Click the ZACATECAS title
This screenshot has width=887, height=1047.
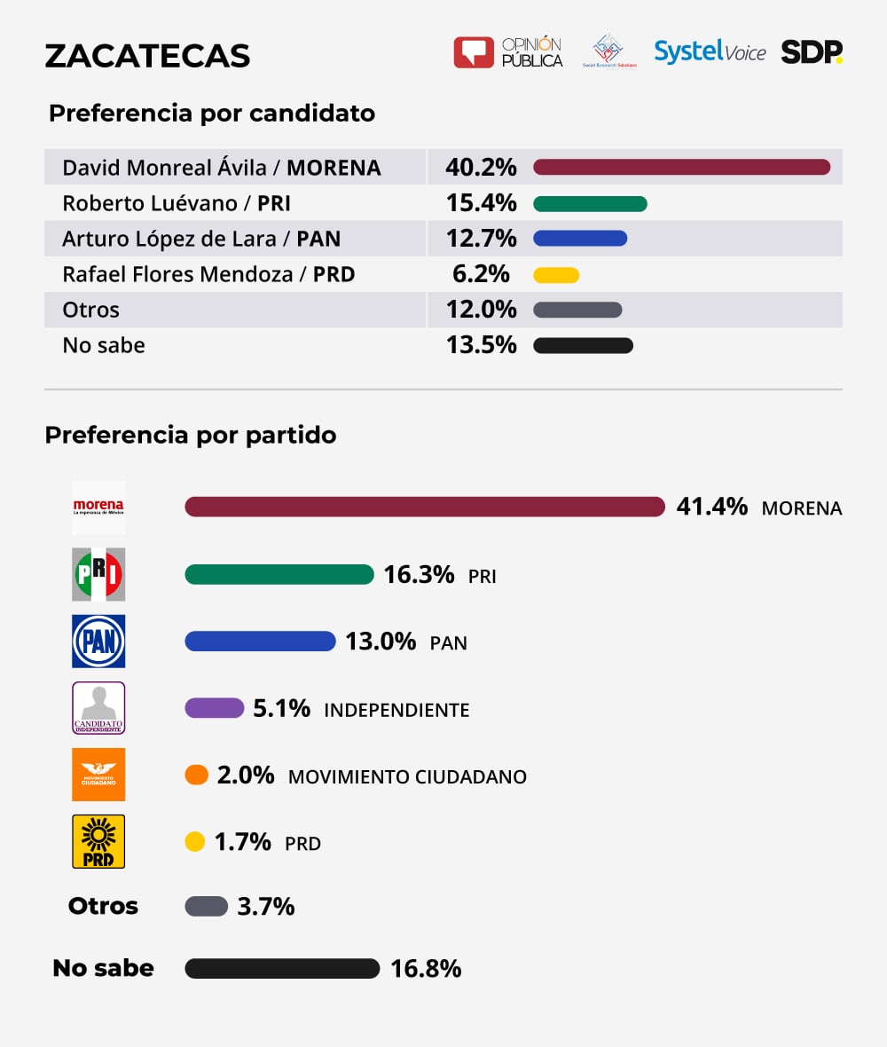click(x=147, y=56)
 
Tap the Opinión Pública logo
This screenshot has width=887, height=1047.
click(x=508, y=52)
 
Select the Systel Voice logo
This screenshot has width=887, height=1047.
click(x=710, y=52)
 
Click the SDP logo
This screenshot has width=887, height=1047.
click(x=812, y=52)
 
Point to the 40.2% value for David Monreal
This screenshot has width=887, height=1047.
click(x=481, y=167)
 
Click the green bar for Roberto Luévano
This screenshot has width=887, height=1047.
click(x=590, y=203)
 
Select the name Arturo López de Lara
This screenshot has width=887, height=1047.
click(x=175, y=239)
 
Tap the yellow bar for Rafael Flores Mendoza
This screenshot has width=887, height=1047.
click(x=556, y=275)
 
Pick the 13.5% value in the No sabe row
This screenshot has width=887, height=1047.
click(x=481, y=345)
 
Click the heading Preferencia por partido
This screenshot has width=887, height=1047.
click(x=191, y=436)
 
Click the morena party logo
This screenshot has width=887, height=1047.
click(x=98, y=508)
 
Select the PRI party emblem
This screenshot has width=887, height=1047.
click(x=98, y=574)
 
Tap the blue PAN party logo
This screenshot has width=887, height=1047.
click(x=98, y=641)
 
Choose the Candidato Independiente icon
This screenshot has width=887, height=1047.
click(x=98, y=707)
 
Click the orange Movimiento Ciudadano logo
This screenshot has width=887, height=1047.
click(x=98, y=775)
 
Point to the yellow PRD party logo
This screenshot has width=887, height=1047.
click(x=98, y=841)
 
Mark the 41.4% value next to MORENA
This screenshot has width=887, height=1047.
click(x=711, y=507)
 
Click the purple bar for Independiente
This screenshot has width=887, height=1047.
click(x=214, y=708)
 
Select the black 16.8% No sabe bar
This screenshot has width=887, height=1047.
click(x=282, y=968)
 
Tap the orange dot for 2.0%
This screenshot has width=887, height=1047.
click(x=196, y=775)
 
